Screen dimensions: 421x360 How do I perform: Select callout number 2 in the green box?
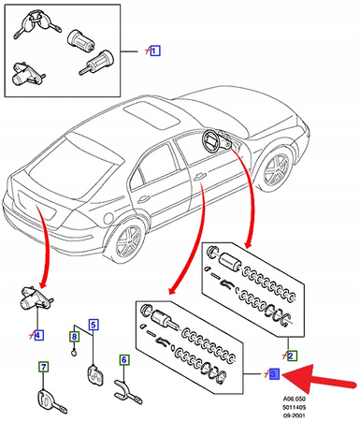coord(291,356)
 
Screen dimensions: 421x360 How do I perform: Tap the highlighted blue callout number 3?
coord(273,375)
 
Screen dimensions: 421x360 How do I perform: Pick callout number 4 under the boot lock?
coord(37,334)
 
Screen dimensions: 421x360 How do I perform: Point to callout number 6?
coord(123,359)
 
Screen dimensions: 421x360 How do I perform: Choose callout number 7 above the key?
coord(42,368)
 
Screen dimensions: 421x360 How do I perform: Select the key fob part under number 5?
coord(94,374)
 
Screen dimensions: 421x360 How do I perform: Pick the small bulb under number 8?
coord(74,353)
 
